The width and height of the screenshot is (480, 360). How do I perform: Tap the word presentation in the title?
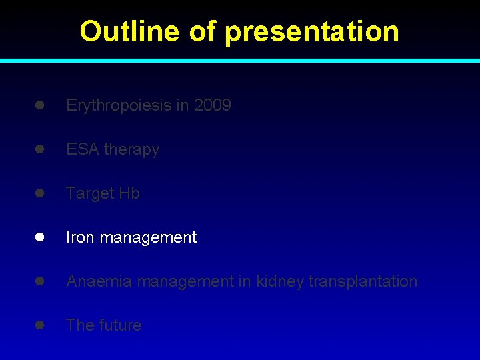pos(312,31)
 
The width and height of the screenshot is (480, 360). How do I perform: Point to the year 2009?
pos(213,105)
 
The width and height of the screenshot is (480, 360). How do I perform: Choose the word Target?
pos(90,193)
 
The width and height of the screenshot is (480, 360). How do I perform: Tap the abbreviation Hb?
pos(129,193)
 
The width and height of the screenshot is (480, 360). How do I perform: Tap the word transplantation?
pos(363,281)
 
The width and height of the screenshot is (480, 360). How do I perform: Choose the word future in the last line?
pos(121,325)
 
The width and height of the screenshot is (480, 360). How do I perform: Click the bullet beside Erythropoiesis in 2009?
pos(40,105)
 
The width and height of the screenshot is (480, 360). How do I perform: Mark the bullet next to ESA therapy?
pos(40,149)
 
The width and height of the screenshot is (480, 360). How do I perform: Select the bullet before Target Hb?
pos(40,193)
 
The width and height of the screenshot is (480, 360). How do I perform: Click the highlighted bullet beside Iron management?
pos(40,237)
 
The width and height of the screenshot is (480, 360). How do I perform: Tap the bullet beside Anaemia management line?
pos(40,281)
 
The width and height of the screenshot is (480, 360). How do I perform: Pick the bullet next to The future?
pos(40,325)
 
